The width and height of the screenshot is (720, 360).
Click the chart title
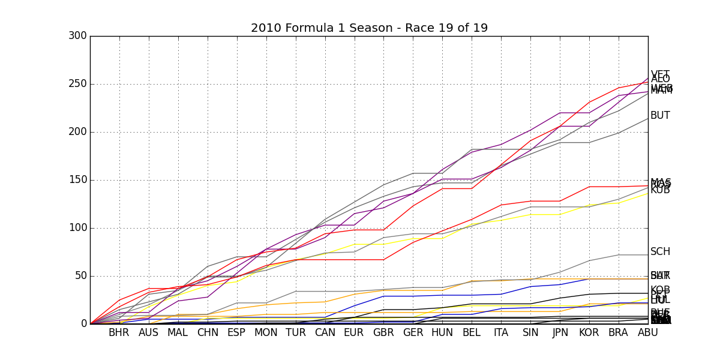tap(369, 28)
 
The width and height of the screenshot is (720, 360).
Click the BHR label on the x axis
tap(119, 332)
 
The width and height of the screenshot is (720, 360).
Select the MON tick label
tap(266, 332)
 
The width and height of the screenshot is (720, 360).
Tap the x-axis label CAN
tap(325, 332)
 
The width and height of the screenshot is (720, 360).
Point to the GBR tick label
tap(383, 332)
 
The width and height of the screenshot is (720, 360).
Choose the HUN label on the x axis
tap(442, 332)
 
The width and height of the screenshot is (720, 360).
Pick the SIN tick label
tap(530, 332)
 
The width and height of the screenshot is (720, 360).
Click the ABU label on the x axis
tap(648, 332)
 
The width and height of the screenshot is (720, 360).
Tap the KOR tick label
tap(589, 332)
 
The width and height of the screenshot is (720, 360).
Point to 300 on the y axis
tap(77, 36)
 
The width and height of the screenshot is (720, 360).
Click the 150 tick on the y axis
tap(77, 180)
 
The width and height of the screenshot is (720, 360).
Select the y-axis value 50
tap(80, 276)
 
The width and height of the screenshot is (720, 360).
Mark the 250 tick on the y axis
tap(77, 84)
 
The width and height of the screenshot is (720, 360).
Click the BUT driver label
tap(660, 116)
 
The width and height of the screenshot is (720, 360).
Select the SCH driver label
tap(660, 252)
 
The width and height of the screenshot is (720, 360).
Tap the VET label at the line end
tap(660, 74)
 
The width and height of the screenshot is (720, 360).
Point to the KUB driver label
tap(660, 190)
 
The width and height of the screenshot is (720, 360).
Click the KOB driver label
tap(660, 290)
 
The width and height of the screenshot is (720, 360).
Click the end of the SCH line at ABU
tap(648, 255)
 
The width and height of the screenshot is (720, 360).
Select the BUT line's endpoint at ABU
tap(648, 118)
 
